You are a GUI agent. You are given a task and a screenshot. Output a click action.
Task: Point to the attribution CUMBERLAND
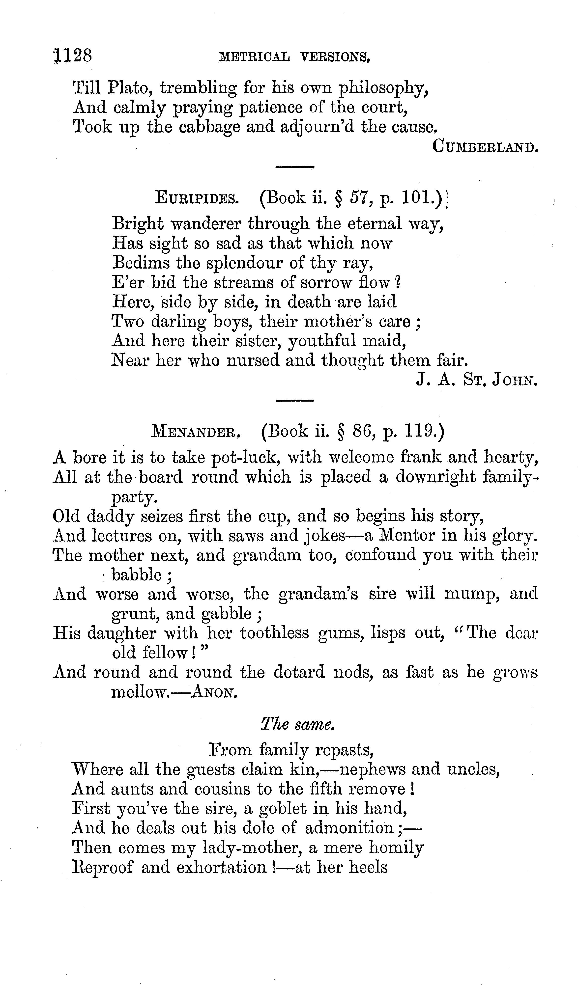point(485,147)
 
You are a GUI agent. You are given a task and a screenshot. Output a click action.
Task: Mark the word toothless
point(274,633)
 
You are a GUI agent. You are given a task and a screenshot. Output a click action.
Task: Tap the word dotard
point(299,672)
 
